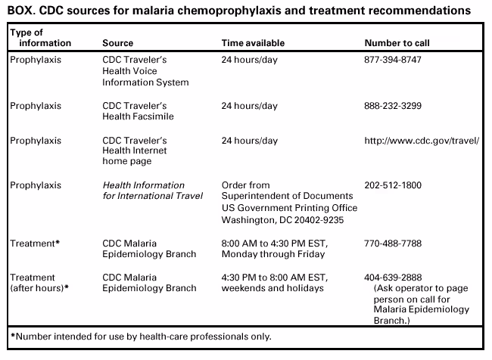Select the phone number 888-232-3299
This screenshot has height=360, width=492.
click(393, 107)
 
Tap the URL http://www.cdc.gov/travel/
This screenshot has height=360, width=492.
click(422, 141)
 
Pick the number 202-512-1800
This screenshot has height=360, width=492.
click(393, 185)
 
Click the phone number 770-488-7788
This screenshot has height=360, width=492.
click(393, 244)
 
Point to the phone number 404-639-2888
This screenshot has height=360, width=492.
click(393, 277)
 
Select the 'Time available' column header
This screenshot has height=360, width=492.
click(251, 42)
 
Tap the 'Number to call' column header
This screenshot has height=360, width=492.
click(397, 42)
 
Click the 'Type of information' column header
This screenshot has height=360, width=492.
click(36, 38)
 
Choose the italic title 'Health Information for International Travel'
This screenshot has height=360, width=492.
click(152, 191)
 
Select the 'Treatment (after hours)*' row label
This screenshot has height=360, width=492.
click(37, 282)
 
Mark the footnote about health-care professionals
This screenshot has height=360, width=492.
click(141, 336)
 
